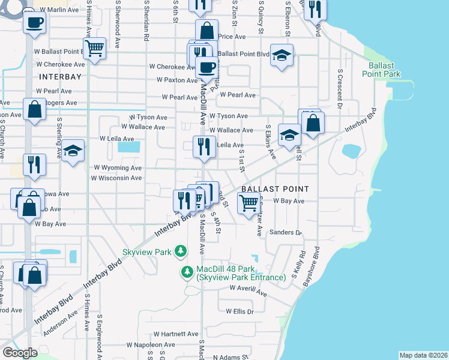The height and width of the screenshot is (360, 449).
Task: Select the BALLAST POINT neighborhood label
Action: click(274, 189)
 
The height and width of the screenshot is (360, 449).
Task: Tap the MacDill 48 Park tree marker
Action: click(187, 273)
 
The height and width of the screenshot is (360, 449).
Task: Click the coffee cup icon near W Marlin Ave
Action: click(35, 23)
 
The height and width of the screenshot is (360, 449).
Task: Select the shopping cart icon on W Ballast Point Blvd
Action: click(94, 48)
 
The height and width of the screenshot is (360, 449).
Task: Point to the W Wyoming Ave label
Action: click(117, 168)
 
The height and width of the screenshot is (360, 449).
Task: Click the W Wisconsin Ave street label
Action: click(116, 178)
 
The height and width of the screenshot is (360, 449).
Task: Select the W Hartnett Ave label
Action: click(175, 334)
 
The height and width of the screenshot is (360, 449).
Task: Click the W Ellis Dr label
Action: click(240, 311)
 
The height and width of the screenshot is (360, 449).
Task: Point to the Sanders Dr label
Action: click(285, 232)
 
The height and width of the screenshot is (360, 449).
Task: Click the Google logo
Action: click(20, 353)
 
